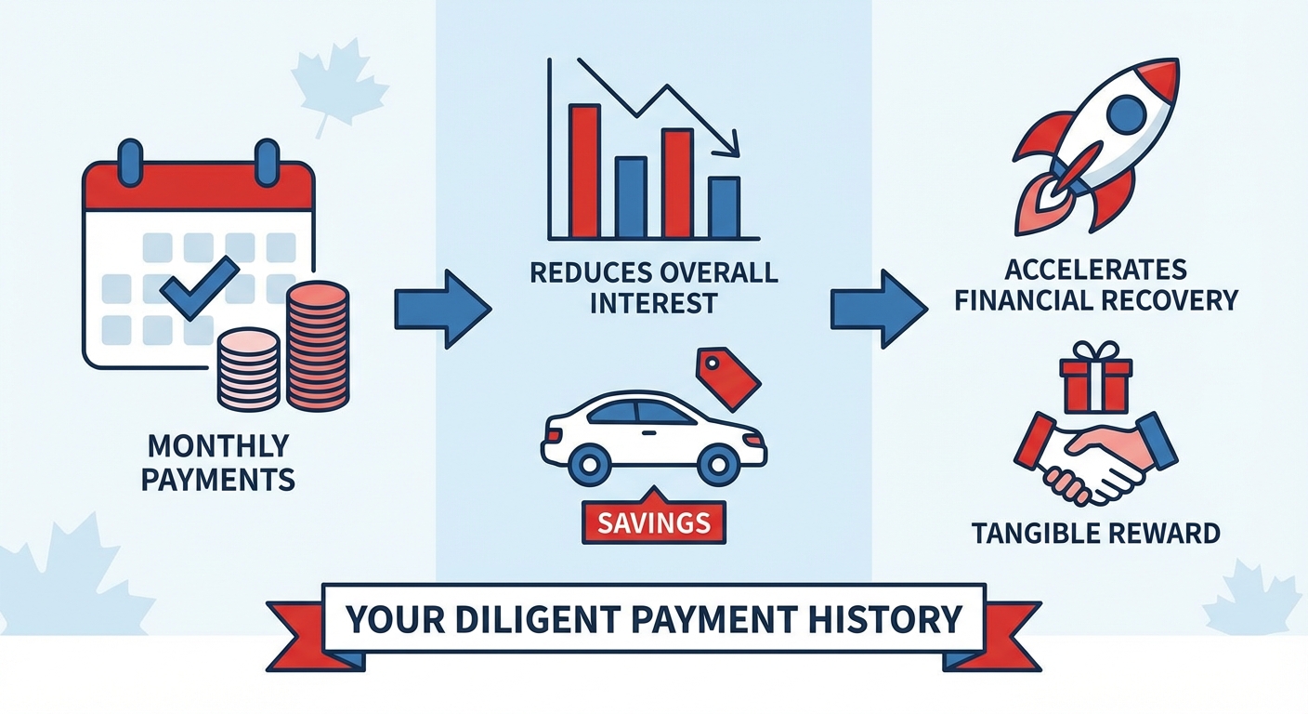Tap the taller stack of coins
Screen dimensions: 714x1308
click(x=318, y=346)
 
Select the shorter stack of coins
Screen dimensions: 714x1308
click(x=248, y=370)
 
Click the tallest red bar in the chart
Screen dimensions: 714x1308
click(x=584, y=171)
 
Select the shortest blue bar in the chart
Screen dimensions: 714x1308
click(x=724, y=207)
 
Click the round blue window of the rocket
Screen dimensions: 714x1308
click(x=1126, y=113)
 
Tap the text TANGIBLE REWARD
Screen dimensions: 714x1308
click(x=1094, y=534)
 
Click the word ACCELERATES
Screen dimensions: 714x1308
click(x=1094, y=270)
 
